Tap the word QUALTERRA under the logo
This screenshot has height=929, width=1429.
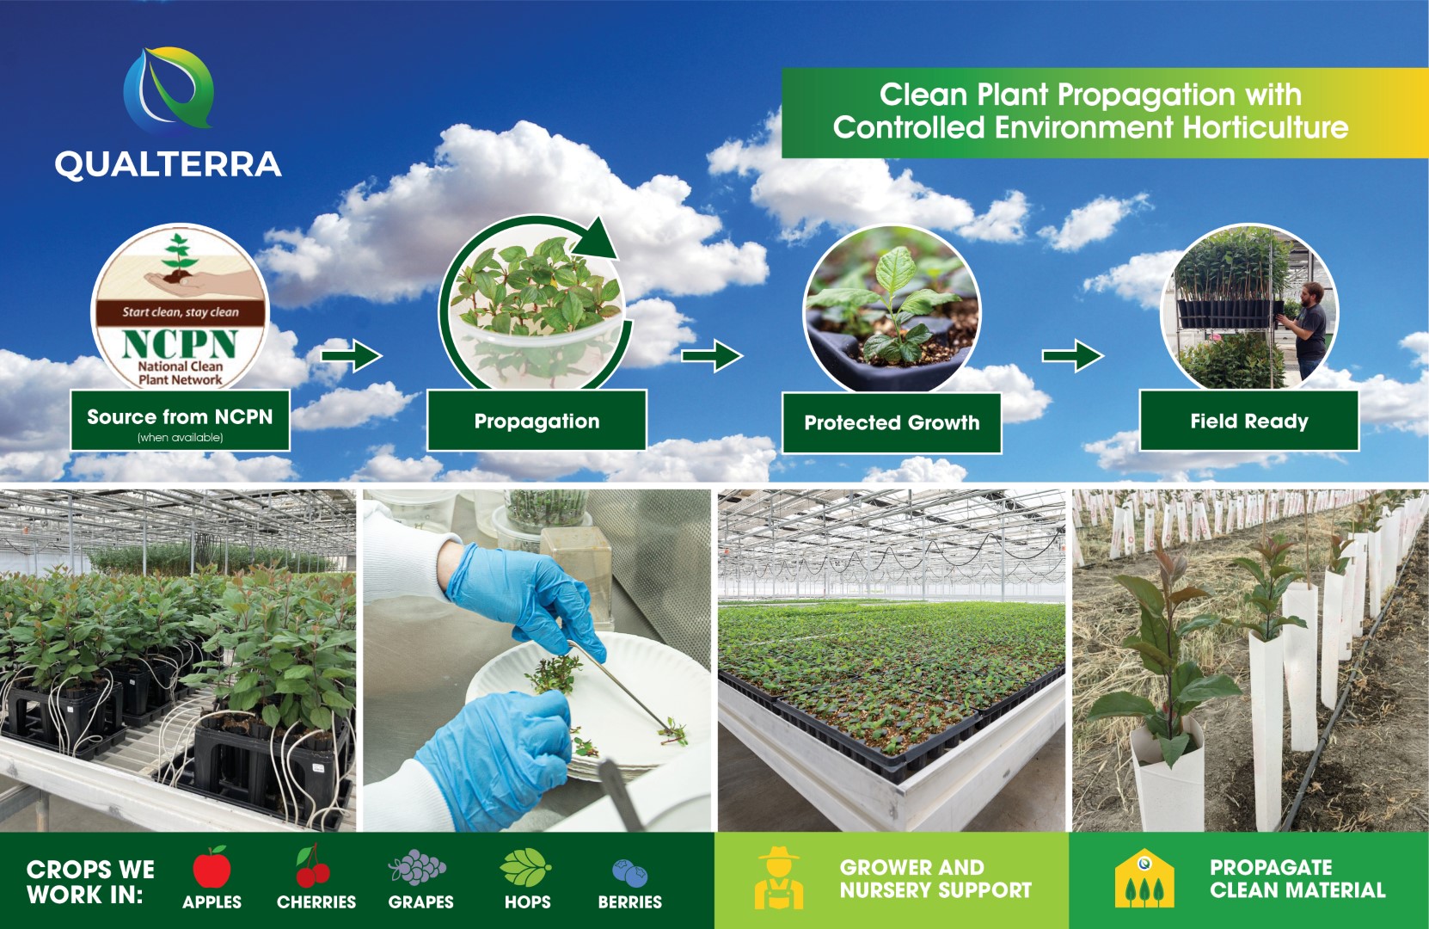click(168, 164)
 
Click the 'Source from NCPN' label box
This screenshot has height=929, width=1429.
click(180, 421)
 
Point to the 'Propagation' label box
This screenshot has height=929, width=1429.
click(537, 421)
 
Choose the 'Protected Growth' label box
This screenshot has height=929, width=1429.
click(892, 422)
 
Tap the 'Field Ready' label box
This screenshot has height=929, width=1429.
click(1249, 421)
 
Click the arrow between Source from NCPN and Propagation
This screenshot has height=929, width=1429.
click(351, 354)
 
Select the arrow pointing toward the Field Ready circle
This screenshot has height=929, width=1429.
click(1073, 354)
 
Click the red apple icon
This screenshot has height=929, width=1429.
click(212, 866)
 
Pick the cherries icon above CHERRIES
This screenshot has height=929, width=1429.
click(313, 866)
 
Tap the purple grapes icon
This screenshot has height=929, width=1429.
click(417, 867)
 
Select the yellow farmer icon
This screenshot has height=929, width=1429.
click(779, 878)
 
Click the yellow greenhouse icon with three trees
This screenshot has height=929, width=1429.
click(1144, 878)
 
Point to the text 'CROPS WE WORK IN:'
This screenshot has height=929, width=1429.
click(90, 882)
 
